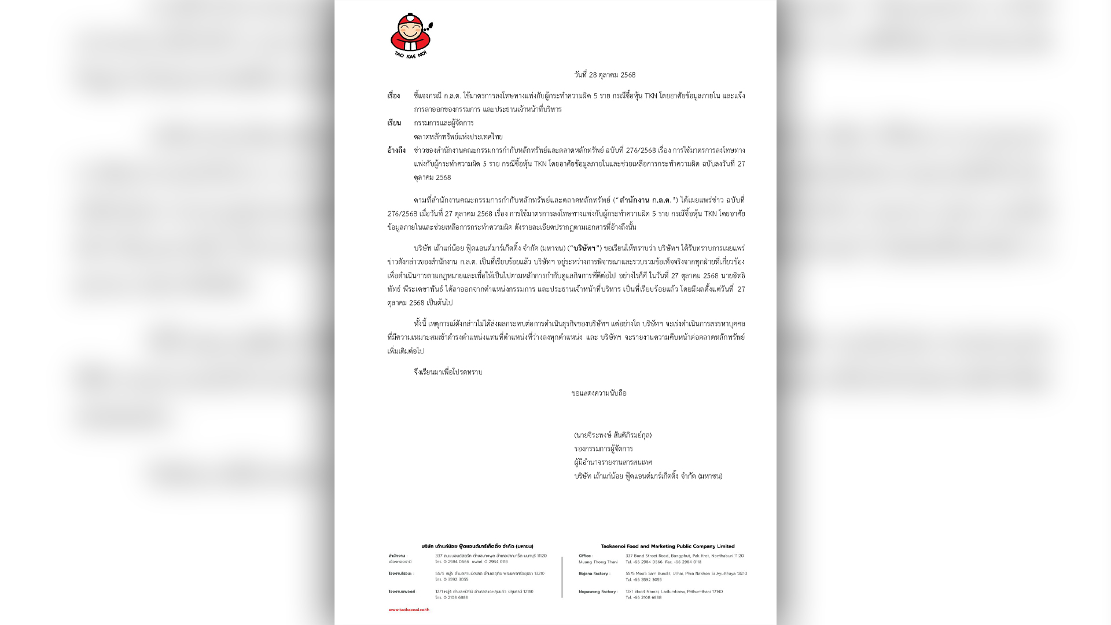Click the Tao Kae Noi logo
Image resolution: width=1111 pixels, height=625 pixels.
point(411,36)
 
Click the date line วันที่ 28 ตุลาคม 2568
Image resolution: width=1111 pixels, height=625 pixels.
point(605,75)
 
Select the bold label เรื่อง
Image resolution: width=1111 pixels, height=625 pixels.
point(393,96)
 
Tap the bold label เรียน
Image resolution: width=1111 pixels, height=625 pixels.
point(394,123)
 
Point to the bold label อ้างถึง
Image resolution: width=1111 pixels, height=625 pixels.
point(396,150)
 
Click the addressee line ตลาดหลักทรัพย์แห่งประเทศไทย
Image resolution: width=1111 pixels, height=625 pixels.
point(458,137)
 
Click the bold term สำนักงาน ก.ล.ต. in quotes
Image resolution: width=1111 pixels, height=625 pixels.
point(646,200)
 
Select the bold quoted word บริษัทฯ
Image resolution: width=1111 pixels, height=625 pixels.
point(584,248)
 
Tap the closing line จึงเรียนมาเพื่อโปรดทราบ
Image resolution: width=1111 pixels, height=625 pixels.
point(448,372)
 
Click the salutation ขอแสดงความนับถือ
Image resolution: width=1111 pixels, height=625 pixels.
point(599,394)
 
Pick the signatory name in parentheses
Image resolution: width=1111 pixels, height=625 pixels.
point(613,435)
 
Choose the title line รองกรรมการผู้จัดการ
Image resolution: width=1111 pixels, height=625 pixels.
point(604,448)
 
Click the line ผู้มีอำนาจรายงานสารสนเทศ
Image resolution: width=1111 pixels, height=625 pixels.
point(613,462)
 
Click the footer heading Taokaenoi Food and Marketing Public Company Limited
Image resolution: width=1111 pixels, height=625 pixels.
point(668,546)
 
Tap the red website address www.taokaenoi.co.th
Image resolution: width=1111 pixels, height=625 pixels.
point(409,609)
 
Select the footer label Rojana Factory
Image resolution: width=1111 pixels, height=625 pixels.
point(593,573)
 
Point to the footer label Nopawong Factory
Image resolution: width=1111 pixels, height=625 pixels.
point(597,591)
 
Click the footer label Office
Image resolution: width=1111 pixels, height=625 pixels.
point(586,556)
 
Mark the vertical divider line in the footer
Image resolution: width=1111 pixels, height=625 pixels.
point(562,577)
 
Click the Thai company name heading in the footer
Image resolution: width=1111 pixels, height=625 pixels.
point(477,546)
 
